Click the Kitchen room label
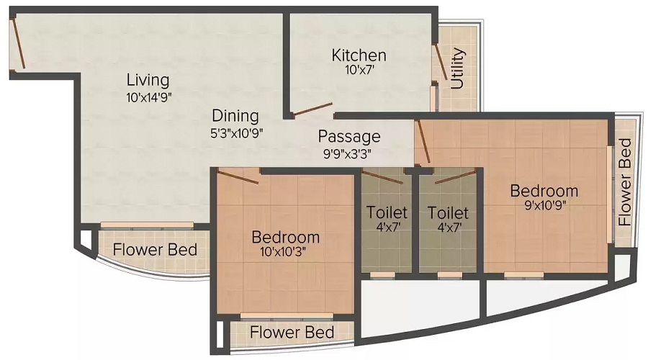click(x=359, y=55)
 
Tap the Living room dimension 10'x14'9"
click(x=149, y=97)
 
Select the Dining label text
click(x=235, y=116)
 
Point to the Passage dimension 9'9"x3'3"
click(x=347, y=154)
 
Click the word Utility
click(x=457, y=68)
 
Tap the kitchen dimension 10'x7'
click(x=359, y=70)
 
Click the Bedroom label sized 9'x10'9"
click(x=544, y=191)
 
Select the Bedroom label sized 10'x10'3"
click(x=286, y=238)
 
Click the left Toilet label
click(x=387, y=212)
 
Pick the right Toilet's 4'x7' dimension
click(x=449, y=227)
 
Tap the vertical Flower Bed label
click(x=625, y=182)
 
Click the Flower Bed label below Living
click(x=155, y=250)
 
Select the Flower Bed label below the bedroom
click(x=292, y=333)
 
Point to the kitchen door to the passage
click(x=312, y=109)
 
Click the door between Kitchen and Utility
click(x=440, y=62)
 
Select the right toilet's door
click(x=454, y=176)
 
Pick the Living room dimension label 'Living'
click(x=148, y=80)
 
